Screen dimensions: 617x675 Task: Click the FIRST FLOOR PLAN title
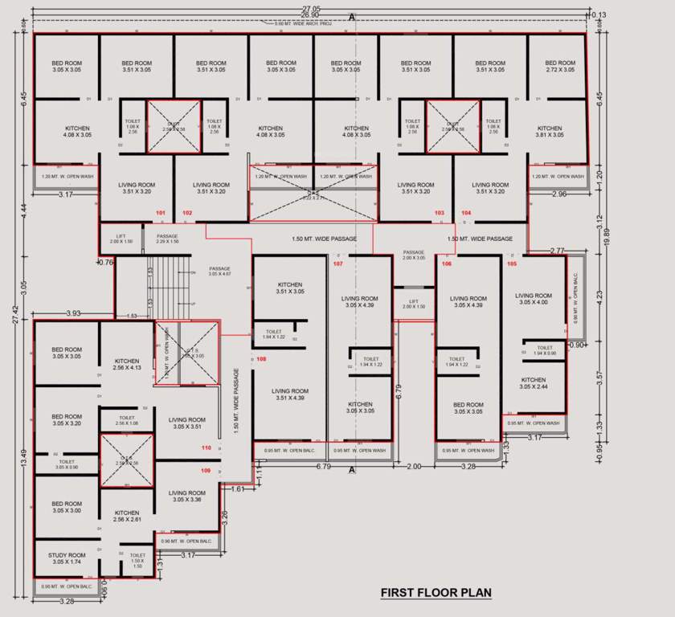(x=436, y=593)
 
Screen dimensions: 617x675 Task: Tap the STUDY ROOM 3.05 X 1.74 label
(x=67, y=558)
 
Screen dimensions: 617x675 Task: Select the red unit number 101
(x=160, y=213)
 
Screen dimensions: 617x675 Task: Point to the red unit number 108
(x=261, y=359)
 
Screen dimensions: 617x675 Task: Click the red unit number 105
(x=512, y=263)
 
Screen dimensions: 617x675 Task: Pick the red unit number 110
(x=207, y=447)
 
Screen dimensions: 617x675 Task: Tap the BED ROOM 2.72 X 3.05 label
(x=560, y=67)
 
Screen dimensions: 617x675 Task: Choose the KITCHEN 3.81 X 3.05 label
(x=550, y=132)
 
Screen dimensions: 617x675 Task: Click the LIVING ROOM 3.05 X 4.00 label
(x=534, y=299)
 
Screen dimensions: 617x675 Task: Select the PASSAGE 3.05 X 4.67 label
(x=219, y=272)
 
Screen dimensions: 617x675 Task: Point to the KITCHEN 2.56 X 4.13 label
(x=127, y=365)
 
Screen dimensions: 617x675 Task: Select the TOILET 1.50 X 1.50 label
(x=137, y=560)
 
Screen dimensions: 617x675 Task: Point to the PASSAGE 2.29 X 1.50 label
(x=167, y=239)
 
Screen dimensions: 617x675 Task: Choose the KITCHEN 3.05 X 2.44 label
(x=534, y=383)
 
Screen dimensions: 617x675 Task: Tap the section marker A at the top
(x=351, y=17)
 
